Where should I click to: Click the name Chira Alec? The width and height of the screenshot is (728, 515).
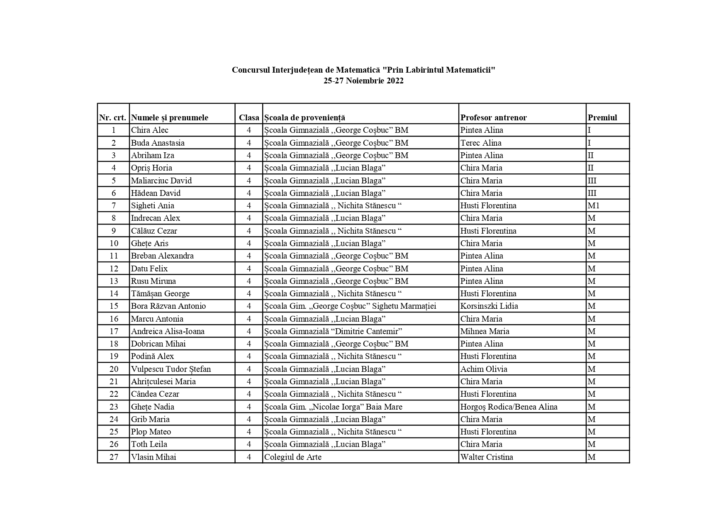pos(150,130)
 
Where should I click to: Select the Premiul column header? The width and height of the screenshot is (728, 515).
pos(602,118)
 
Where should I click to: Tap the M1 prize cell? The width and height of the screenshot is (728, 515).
pos(594,206)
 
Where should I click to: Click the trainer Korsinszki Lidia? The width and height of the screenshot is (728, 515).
pos(489,306)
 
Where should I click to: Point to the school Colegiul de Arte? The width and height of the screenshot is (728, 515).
pos(293,457)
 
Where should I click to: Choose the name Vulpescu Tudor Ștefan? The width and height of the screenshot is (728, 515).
pos(171,369)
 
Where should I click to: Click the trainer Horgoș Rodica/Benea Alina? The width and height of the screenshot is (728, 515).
pos(509,407)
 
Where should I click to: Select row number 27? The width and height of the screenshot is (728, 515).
pos(114,457)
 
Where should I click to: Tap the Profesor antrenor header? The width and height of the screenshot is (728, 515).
pos(494,118)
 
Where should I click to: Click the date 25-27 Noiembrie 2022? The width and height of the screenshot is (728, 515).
pos(363,81)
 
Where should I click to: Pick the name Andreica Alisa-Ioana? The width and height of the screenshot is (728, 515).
pos(168,332)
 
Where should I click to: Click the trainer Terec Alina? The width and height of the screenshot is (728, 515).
pos(481,143)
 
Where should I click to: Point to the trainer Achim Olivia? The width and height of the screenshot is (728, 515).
pos(484,369)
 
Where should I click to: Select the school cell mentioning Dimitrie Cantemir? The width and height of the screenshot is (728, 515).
pos(333,332)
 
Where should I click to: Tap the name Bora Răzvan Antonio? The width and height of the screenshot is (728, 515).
pos(168,306)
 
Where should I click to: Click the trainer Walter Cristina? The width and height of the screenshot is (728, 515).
pos(487,457)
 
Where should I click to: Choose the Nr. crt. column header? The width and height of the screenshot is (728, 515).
pos(113,118)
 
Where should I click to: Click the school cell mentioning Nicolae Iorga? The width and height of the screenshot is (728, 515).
pos(333,407)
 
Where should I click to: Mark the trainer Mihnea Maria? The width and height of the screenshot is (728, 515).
pos(485,332)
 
